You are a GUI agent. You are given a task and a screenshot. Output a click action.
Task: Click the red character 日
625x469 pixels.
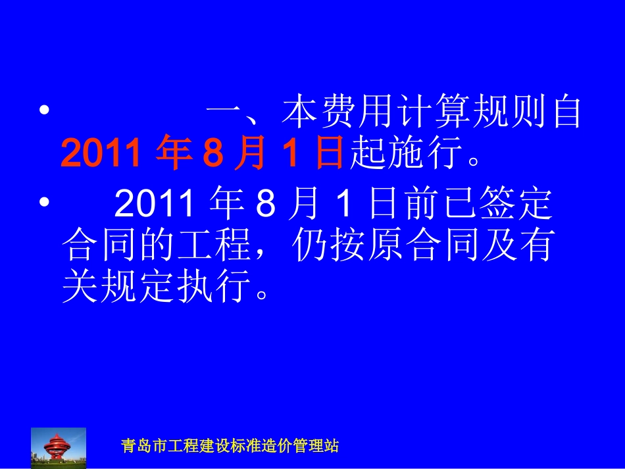click(327, 155)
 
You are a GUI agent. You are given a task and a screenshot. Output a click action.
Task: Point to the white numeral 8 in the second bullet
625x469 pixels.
click(264, 206)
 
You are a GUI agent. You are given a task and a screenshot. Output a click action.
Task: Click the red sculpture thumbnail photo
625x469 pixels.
click(59, 447)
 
